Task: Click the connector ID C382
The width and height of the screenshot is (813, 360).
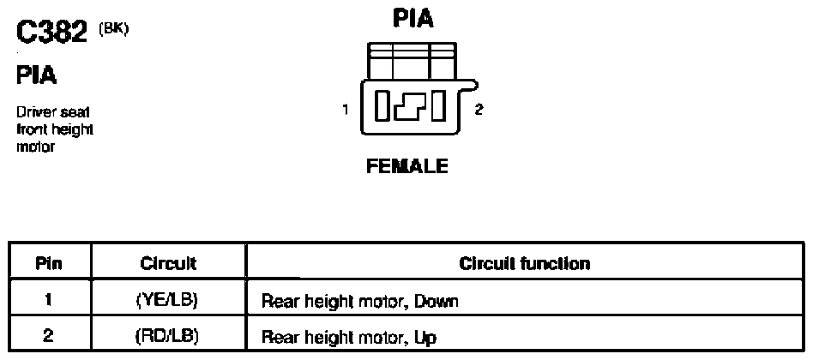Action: point(51,33)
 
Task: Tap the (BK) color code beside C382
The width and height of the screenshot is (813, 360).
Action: point(113,28)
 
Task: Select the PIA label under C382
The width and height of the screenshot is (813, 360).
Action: point(37,75)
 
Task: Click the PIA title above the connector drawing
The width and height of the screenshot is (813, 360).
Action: point(413,18)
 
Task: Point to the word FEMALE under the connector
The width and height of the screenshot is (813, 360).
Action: point(407,166)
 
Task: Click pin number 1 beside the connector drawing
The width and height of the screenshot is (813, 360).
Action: point(345,110)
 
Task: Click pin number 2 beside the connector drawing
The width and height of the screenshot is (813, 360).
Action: point(479,110)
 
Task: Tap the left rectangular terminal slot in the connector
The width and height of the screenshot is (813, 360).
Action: point(382,105)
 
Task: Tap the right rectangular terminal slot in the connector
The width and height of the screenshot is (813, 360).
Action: point(438,105)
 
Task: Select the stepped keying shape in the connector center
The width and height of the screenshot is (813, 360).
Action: point(410,106)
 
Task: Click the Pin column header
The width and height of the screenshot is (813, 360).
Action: point(49,264)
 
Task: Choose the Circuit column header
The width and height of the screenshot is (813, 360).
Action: point(168,264)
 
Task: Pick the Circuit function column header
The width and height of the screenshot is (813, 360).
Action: point(525,264)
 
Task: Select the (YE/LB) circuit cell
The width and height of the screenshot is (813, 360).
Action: point(168,301)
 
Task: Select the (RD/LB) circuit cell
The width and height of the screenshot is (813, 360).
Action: point(168,337)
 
